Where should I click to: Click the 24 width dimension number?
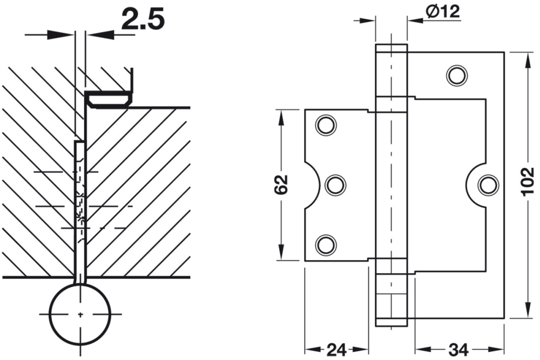(x=337, y=349)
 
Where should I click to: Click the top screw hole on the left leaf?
(x=326, y=125)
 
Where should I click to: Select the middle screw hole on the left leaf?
(x=335, y=185)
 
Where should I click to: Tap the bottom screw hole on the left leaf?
(x=326, y=244)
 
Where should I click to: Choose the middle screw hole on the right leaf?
(x=488, y=185)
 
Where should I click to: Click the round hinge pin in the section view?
(x=80, y=314)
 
